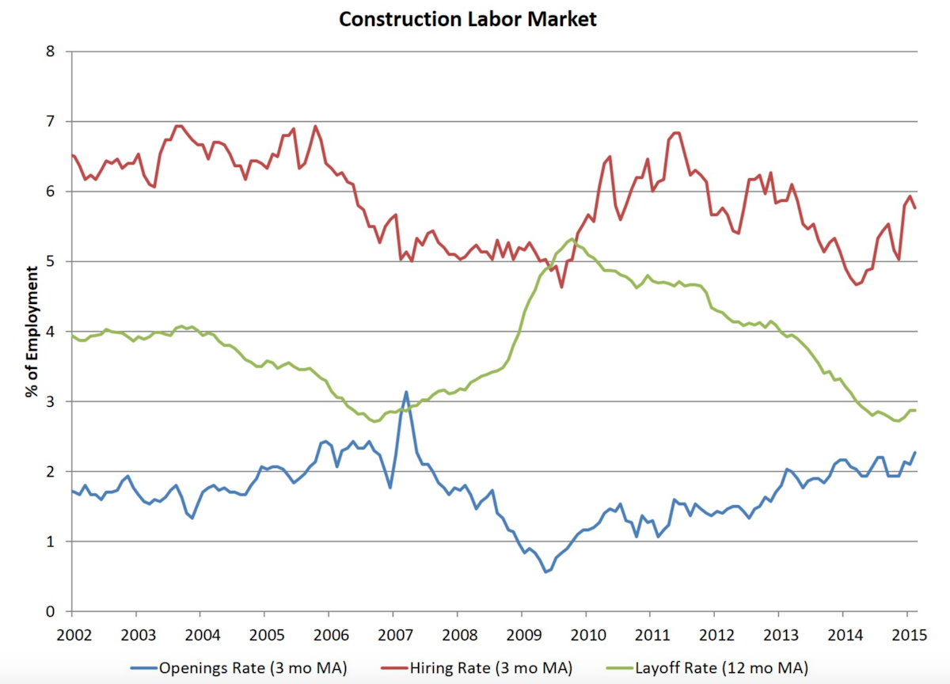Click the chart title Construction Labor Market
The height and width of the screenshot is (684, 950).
point(467,18)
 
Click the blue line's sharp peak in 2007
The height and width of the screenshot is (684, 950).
point(406,392)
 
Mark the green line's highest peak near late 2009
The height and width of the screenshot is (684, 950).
point(572,239)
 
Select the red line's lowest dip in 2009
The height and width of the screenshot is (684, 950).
point(561,287)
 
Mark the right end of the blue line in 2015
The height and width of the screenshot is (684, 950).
point(916,453)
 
